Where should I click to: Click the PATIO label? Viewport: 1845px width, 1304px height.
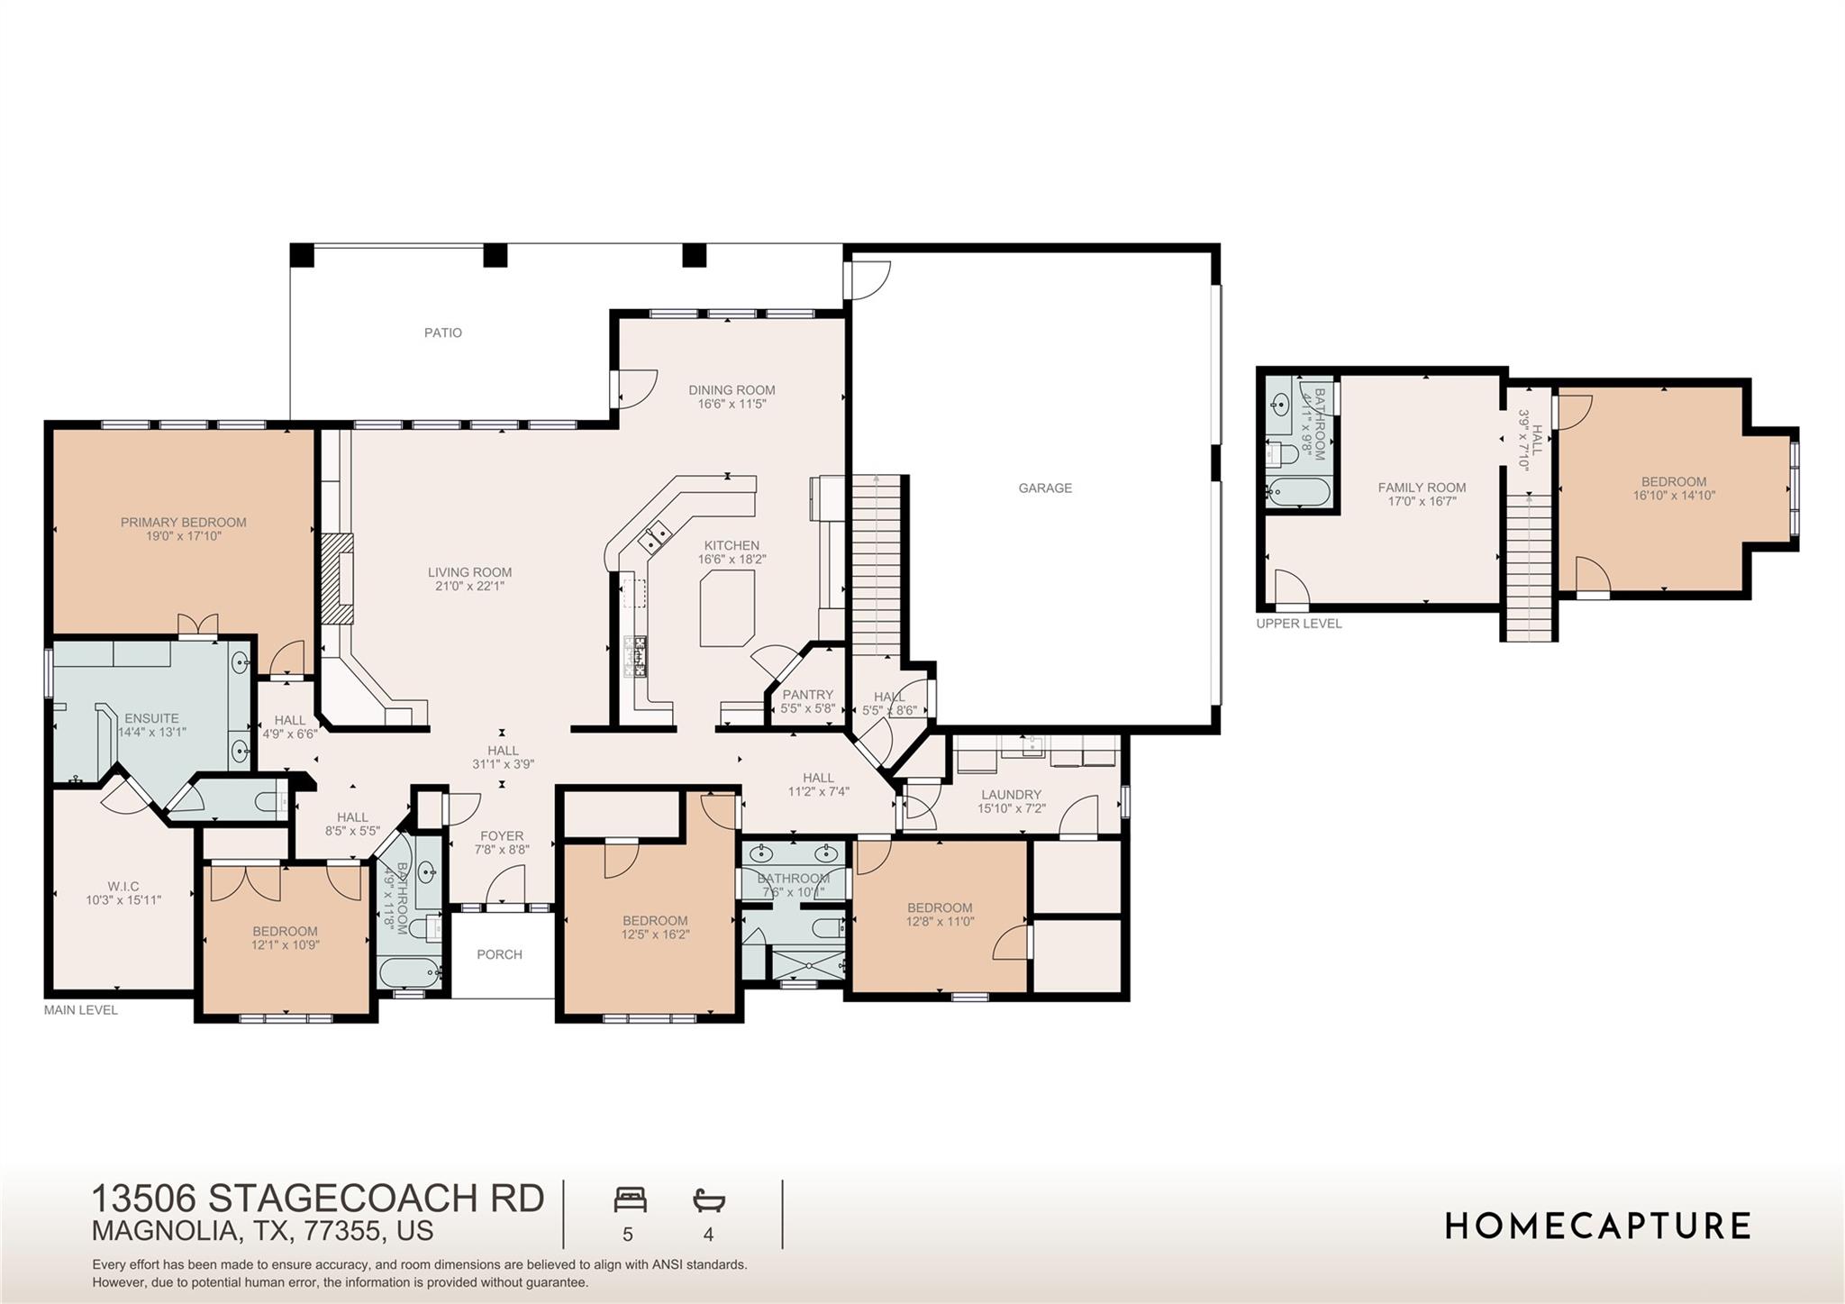pos(442,333)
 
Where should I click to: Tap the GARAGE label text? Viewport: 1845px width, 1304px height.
pos(1045,488)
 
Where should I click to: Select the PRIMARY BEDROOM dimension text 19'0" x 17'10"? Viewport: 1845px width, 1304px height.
pos(184,536)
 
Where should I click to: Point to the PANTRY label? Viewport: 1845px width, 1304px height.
pos(807,695)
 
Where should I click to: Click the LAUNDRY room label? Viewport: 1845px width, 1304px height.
pos(1011,795)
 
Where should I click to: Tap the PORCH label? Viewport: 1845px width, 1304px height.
pos(499,954)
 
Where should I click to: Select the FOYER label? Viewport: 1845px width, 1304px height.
pos(502,835)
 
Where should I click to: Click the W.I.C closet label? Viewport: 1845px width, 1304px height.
pos(123,886)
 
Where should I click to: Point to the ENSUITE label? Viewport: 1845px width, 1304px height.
pos(151,718)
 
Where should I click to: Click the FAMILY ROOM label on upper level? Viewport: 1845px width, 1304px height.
pos(1422,488)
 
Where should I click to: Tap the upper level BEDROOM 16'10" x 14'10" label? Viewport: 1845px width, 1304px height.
pos(1673,481)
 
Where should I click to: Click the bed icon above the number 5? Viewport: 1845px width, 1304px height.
pos(630,1199)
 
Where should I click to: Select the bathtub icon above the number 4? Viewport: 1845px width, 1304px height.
pos(709,1199)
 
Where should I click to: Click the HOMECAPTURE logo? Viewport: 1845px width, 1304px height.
pos(1597,1226)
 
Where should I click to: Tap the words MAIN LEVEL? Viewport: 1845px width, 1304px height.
pos(81,1010)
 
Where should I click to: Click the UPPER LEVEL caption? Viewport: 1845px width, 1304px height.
pos(1298,624)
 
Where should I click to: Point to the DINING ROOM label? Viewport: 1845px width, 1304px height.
pos(732,390)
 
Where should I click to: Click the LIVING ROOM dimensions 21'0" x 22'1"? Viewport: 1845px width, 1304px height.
pos(469,586)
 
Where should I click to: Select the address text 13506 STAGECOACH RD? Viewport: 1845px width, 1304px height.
pos(318,1199)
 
